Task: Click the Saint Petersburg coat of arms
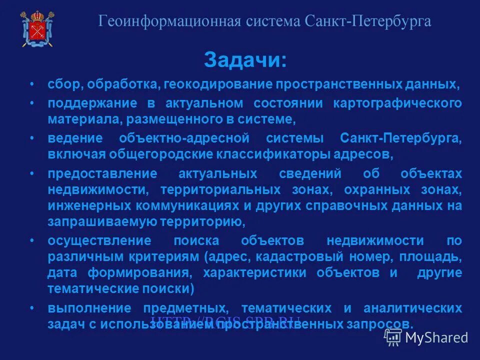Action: click(37, 28)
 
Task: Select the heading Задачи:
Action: click(245, 60)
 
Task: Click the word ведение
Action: click(75, 138)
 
